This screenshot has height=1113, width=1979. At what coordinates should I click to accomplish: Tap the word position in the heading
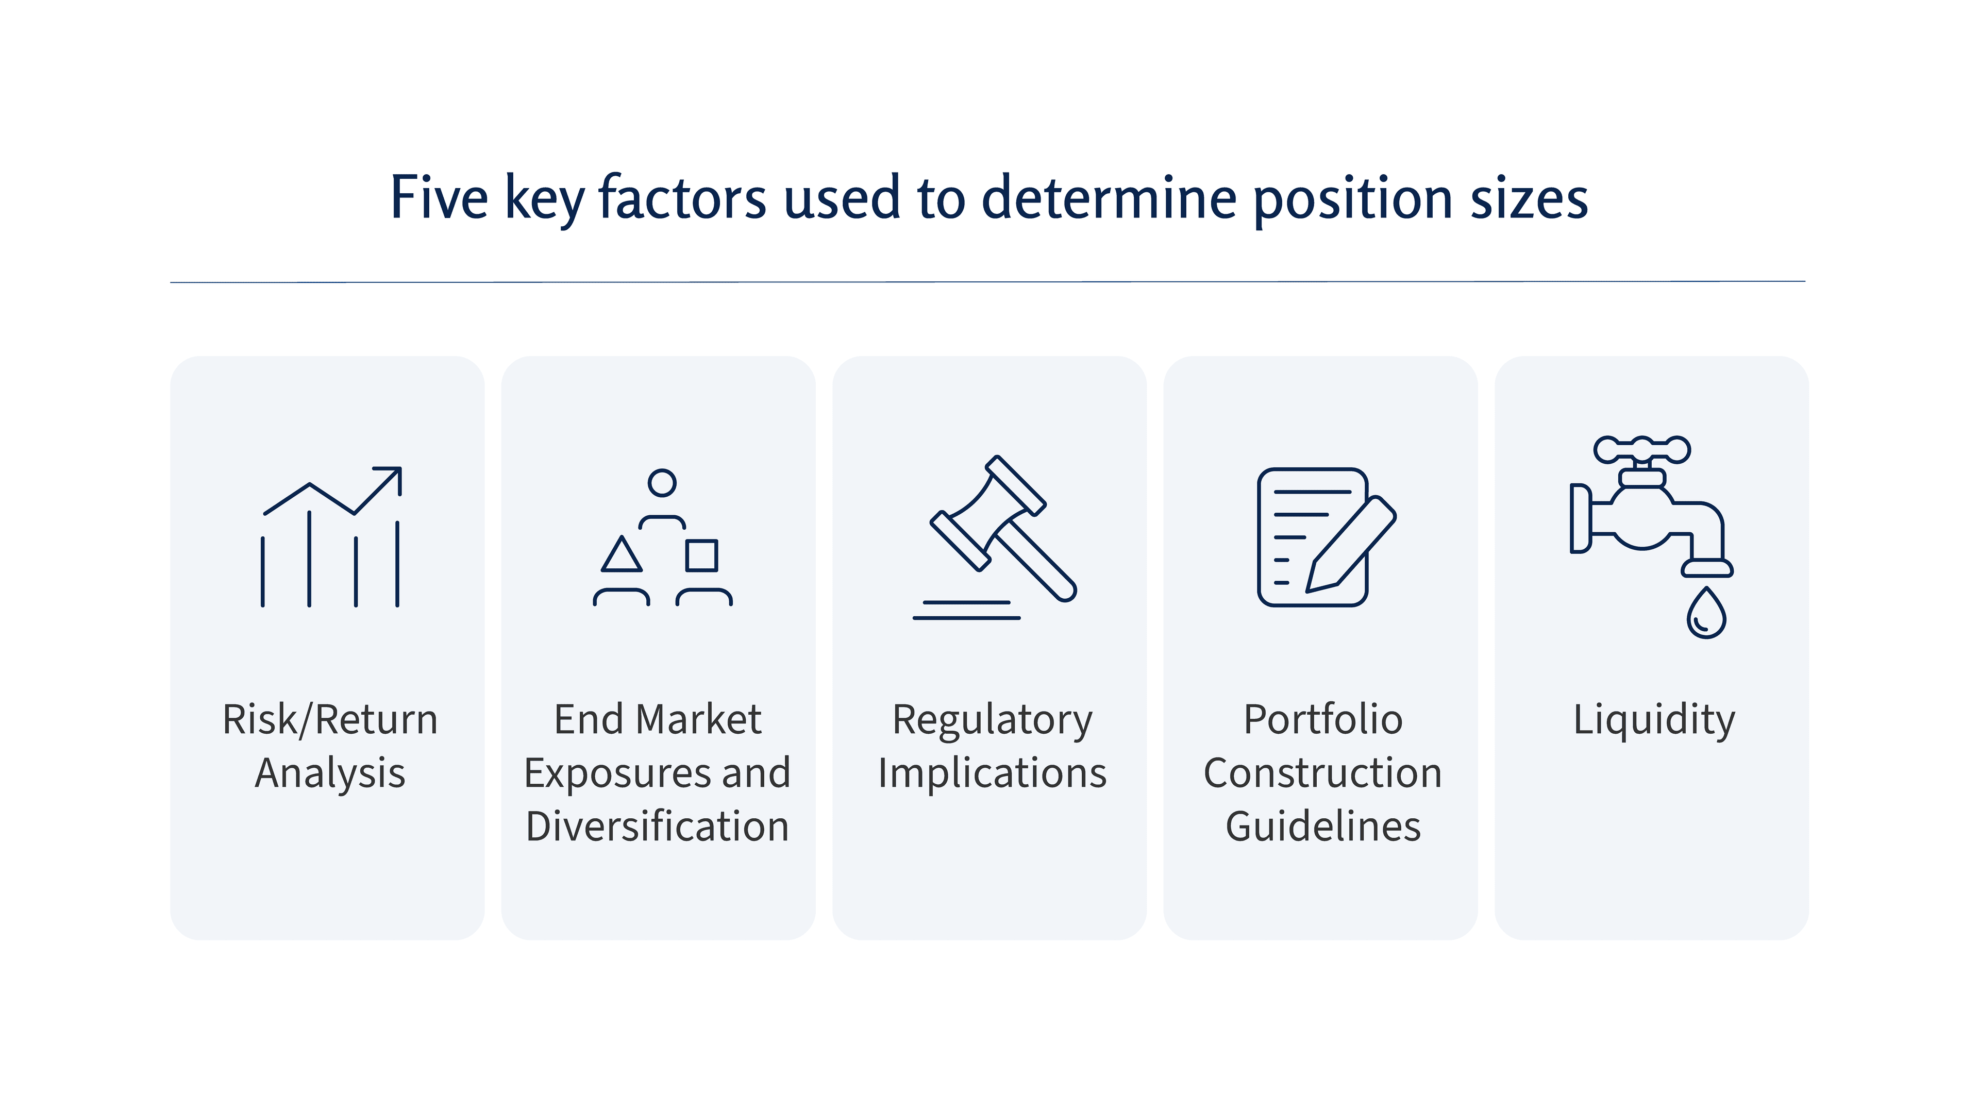pyautogui.click(x=1352, y=199)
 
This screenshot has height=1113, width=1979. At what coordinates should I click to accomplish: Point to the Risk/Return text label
pyautogui.click(x=330, y=720)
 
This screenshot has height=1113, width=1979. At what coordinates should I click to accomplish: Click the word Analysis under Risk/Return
pyautogui.click(x=330, y=773)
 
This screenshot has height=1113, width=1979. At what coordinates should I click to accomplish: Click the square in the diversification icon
pyautogui.click(x=701, y=555)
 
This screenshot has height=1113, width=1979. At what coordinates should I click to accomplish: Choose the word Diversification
pyautogui.click(x=658, y=827)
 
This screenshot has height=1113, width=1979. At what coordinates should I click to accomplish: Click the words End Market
pyautogui.click(x=658, y=720)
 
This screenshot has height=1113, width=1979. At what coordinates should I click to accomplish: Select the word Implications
pyautogui.click(x=992, y=773)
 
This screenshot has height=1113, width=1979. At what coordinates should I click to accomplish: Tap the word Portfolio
pyautogui.click(x=1323, y=720)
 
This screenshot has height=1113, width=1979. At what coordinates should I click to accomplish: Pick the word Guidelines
pyautogui.click(x=1323, y=827)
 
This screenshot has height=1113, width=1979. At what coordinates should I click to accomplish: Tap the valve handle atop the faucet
pyautogui.click(x=1642, y=449)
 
